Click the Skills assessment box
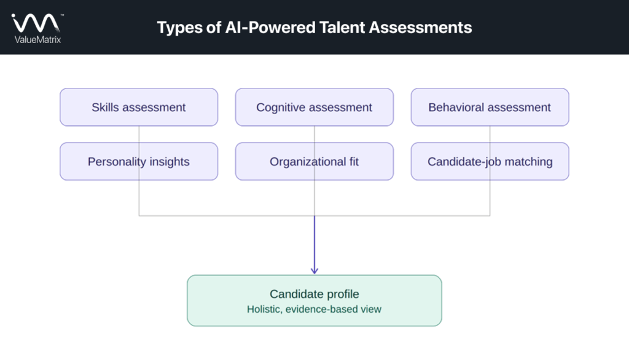pos(139,107)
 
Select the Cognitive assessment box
pos(314,107)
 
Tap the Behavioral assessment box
pos(490,107)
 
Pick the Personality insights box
pos(139,162)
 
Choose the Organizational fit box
pos(314,162)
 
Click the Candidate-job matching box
pos(490,162)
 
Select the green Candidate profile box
pos(314,300)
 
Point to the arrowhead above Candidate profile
pos(314,270)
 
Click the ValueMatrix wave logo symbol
pos(36,23)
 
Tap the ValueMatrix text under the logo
pos(37,39)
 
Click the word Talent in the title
pos(342,27)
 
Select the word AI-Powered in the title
pos(270,27)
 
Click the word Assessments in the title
pos(420,27)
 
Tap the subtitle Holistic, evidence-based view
pos(314,310)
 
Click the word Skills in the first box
pos(105,107)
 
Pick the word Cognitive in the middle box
pos(281,108)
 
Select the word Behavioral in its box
pos(456,107)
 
